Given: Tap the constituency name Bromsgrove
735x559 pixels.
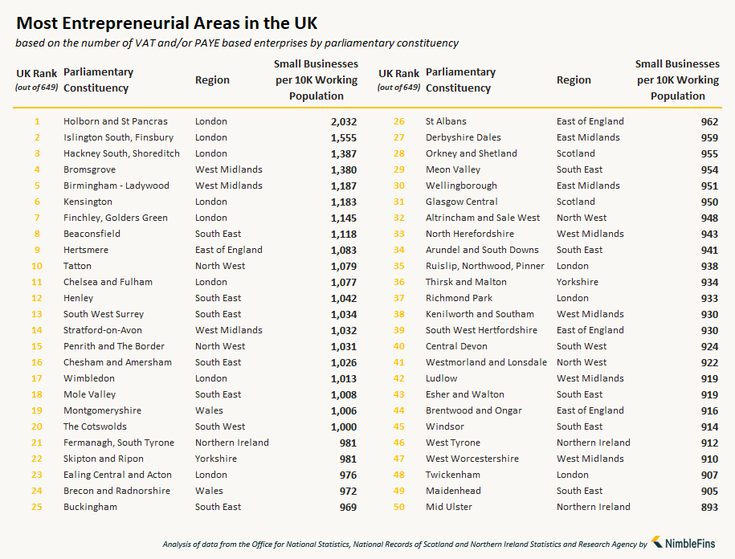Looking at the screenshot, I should click(x=89, y=169).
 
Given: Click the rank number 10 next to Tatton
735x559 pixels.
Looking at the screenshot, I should click(x=36, y=266).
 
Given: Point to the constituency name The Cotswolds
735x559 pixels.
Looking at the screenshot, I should click(x=95, y=426).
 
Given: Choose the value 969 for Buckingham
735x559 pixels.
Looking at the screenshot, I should click(x=347, y=507).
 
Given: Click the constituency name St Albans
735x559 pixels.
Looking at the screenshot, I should click(x=446, y=121).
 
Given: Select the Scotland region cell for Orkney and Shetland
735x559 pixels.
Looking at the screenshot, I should click(x=577, y=153).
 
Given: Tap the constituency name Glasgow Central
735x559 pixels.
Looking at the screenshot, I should click(x=462, y=202).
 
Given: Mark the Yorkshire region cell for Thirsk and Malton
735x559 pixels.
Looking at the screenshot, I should click(x=578, y=282).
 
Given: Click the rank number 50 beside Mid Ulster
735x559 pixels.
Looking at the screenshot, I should click(x=398, y=507).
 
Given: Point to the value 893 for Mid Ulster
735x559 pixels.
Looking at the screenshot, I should click(x=708, y=507).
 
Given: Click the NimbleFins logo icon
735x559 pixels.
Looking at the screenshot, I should click(x=657, y=543).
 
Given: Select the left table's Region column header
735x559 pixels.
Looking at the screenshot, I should click(x=212, y=80).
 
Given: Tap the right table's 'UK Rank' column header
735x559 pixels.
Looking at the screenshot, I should click(x=398, y=74).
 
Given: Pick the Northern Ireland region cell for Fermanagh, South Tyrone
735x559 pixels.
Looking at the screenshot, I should click(x=232, y=443).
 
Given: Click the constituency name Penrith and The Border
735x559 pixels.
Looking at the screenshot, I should click(x=114, y=346).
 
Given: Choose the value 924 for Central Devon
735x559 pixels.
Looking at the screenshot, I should click(x=708, y=346).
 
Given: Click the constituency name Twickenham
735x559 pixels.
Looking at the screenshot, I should click(x=453, y=475).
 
